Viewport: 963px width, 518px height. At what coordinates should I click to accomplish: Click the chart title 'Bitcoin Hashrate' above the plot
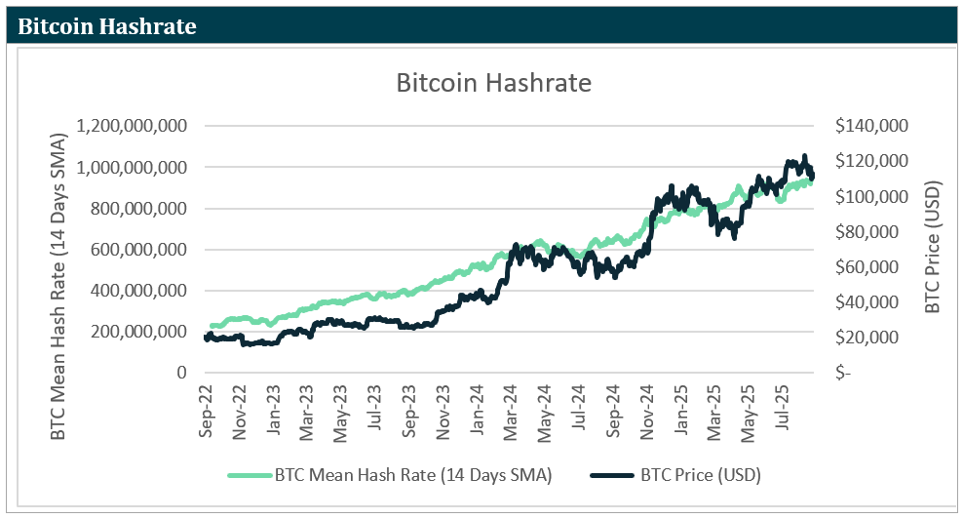click(493, 83)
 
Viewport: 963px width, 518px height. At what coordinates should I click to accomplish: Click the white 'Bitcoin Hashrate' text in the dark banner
click(107, 26)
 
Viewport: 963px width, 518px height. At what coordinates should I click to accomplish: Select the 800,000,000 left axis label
click(137, 209)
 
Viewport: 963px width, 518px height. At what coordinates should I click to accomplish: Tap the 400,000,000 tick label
click(137, 291)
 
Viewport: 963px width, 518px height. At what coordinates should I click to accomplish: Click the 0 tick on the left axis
click(181, 373)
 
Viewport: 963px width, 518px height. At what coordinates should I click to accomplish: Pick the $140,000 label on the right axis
click(871, 127)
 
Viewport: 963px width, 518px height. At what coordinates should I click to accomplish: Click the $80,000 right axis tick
click(874, 232)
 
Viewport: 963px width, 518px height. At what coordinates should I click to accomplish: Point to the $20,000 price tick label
click(874, 338)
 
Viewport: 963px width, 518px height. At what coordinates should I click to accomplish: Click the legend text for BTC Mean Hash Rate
click(413, 476)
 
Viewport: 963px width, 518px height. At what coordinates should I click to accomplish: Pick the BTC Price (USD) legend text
click(701, 476)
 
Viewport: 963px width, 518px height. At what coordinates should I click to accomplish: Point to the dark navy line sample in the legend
click(612, 476)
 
